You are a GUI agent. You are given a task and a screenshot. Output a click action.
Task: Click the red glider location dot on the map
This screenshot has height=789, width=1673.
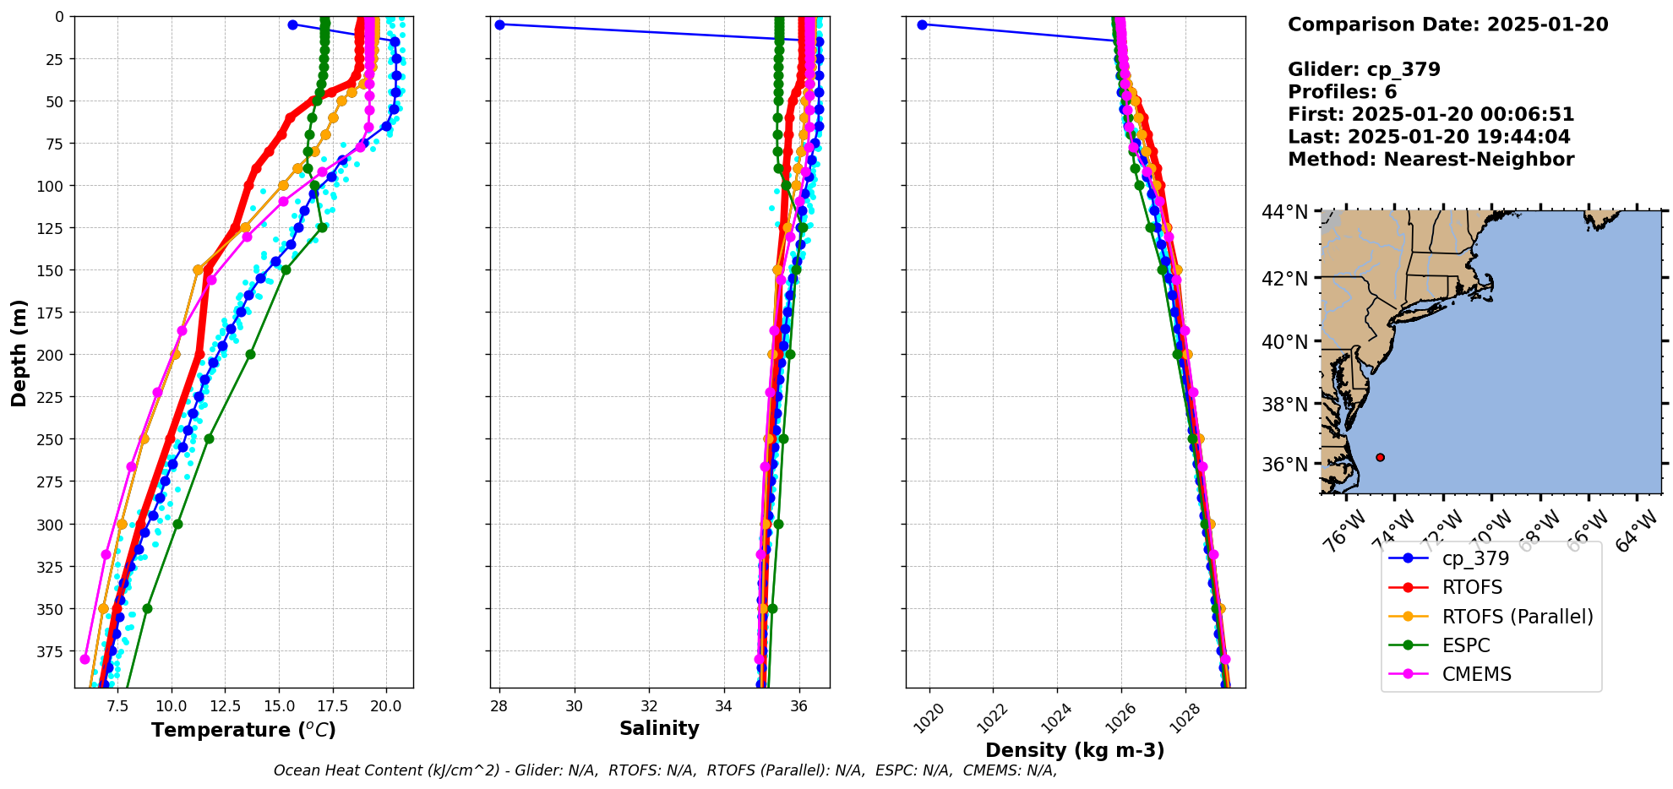coord(1380,457)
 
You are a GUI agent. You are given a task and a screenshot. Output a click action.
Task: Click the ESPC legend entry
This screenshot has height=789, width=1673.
coord(1465,645)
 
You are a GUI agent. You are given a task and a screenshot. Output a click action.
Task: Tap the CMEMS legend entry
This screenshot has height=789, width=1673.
coord(1476,674)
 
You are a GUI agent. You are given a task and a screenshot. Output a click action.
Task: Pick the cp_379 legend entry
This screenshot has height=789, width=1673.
coord(1474,558)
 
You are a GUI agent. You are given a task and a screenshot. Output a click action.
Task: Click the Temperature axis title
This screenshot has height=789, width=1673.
coord(243,730)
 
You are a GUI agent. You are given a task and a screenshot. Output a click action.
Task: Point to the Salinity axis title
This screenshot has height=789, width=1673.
coord(659,728)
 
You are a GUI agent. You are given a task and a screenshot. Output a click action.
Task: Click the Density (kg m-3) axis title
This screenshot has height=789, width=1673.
coord(1075,750)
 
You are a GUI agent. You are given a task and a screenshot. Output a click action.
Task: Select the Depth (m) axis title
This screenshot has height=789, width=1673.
coord(19,352)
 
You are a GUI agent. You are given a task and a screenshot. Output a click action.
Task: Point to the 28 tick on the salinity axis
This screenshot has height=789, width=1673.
coord(499,705)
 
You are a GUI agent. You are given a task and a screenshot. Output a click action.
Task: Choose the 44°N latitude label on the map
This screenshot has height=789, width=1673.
coord(1284,211)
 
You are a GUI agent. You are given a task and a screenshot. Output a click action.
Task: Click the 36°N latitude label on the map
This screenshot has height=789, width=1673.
coord(1284,464)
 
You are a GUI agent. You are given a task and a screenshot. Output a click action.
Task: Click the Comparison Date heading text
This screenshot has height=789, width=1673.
coord(1447,24)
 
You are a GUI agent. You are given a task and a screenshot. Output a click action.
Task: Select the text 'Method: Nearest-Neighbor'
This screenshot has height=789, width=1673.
coord(1430,160)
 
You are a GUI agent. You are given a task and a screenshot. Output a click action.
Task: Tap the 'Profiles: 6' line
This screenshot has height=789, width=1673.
coord(1342,92)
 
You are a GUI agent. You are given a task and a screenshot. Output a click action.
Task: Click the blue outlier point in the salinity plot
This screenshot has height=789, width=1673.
coord(499,24)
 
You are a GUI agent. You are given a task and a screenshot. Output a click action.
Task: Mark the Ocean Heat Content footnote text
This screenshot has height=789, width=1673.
coord(665,770)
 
